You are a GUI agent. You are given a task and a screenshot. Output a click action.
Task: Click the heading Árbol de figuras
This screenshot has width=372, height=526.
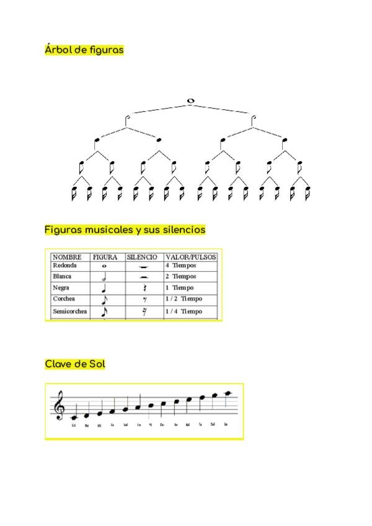tap(84, 50)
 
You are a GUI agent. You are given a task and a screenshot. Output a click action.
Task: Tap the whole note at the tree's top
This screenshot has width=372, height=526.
tap(190, 101)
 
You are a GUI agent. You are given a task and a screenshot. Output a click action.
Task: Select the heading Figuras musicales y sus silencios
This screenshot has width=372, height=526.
tap(125, 230)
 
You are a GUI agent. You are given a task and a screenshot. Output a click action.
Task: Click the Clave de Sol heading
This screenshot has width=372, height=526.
tap(75, 363)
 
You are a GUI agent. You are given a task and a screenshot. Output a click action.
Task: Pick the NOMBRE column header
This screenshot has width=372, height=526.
tap(67, 257)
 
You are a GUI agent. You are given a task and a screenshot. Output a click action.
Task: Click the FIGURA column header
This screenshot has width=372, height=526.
tap(105, 257)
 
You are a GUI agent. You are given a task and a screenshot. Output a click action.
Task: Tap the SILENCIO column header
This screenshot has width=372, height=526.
tap(142, 257)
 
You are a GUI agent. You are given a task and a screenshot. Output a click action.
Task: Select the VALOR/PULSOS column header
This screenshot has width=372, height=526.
tap(190, 257)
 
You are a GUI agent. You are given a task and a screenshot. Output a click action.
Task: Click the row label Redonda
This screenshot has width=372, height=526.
tap(65, 265)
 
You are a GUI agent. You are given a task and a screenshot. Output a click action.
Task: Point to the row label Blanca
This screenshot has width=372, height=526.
tap(63, 277)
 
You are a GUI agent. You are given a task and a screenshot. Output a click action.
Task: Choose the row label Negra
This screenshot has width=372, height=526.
tap(61, 288)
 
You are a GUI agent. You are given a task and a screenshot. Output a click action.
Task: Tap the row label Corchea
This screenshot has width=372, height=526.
tap(64, 299)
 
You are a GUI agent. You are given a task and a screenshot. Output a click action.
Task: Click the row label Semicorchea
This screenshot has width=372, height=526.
tap(69, 311)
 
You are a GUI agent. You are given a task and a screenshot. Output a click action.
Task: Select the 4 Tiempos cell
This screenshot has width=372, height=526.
tap(180, 265)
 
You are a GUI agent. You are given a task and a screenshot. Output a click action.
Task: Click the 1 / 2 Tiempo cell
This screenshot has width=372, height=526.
tap(184, 299)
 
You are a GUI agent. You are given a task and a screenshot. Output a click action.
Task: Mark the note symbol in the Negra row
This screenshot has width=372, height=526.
tap(104, 288)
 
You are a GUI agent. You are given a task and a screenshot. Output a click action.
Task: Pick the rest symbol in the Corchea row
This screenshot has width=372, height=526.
tap(144, 300)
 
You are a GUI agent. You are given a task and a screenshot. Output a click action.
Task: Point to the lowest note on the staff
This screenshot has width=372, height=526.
tap(74, 417)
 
